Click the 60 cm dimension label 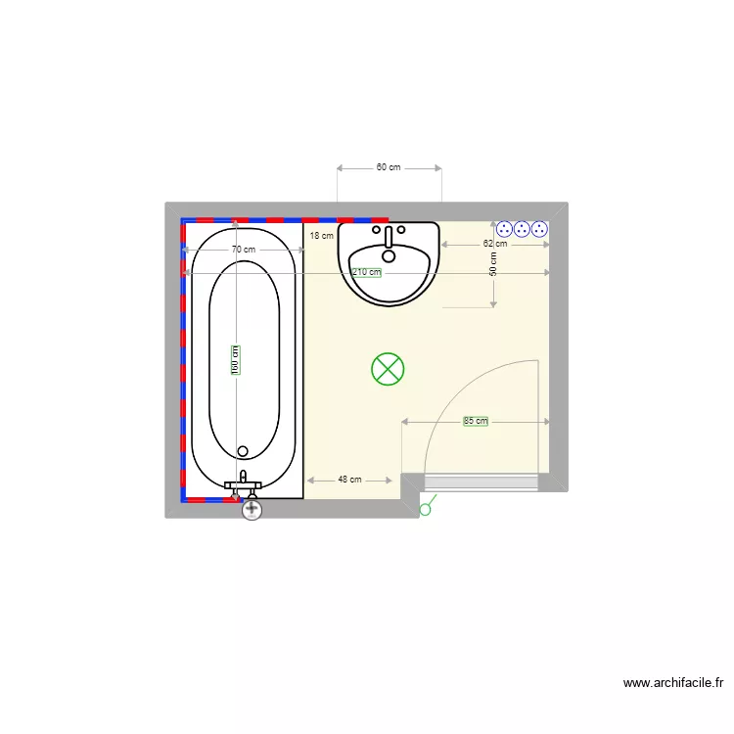coord(389,167)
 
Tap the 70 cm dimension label coord(244,250)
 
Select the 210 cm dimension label coord(367,272)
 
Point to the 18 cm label coord(322,236)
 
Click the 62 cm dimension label coord(495,244)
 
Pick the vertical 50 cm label coord(493,264)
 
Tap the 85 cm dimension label coord(476,421)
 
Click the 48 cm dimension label coord(349,480)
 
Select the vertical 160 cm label coord(236,360)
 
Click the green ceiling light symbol coord(388,369)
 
